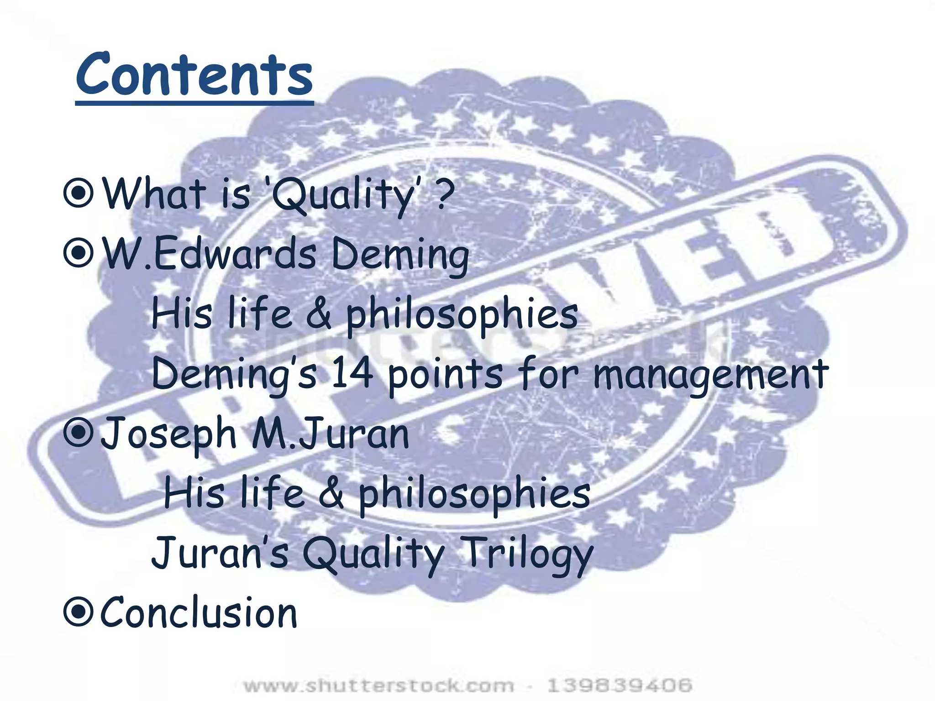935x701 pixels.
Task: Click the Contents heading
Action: point(194,74)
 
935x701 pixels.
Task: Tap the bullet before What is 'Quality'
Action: point(79,194)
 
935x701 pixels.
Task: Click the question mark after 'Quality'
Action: point(445,194)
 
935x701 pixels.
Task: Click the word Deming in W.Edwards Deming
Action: point(400,255)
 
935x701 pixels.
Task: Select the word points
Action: point(446,374)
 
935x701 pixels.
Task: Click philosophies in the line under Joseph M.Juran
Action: point(474,493)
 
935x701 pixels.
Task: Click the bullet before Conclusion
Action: point(79,612)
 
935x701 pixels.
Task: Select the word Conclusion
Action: point(199,612)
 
